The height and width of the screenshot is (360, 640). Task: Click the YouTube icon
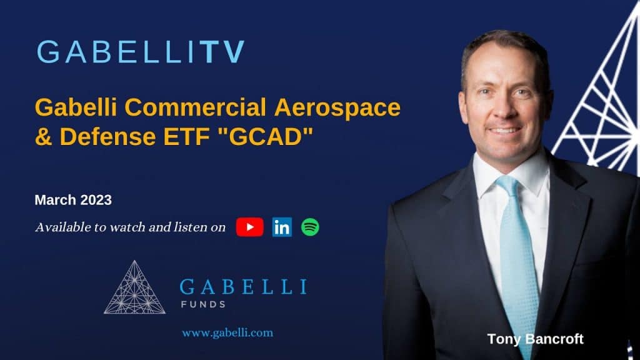click(x=249, y=227)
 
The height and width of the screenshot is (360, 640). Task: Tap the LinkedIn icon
click(x=282, y=227)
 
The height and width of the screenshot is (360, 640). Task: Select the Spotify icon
click(x=311, y=227)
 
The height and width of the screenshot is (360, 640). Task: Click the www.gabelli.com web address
click(x=227, y=332)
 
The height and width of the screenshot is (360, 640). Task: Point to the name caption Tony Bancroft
click(x=535, y=339)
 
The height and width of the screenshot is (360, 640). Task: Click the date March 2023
click(x=73, y=200)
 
